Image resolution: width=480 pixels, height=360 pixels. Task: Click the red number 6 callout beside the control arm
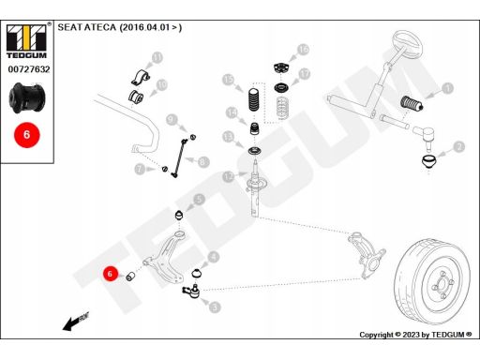[x=110, y=274]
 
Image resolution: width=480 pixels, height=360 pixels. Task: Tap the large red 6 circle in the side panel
[x=27, y=135]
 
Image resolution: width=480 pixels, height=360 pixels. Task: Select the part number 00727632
[x=29, y=69]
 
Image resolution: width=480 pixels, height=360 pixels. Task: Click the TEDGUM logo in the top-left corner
[x=26, y=41]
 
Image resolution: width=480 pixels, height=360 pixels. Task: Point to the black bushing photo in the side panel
[x=27, y=97]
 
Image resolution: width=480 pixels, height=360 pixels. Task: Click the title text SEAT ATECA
[x=86, y=27]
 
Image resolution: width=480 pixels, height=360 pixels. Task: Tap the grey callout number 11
[x=157, y=58]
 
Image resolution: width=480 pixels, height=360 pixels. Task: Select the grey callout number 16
[x=303, y=50]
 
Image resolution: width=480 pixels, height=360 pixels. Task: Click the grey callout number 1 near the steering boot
[x=448, y=88]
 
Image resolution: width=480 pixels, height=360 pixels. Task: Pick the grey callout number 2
[x=459, y=146]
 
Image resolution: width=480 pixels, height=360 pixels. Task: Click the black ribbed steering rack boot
[x=412, y=103]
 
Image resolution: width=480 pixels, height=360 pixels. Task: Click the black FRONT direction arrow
[x=76, y=322]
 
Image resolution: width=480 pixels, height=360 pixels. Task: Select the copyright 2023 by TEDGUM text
[x=415, y=335]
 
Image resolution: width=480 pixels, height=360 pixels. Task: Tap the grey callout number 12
[x=229, y=177]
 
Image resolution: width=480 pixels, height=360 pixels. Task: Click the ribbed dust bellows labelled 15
[x=254, y=100]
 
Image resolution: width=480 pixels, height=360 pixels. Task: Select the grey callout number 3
[x=215, y=307]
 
